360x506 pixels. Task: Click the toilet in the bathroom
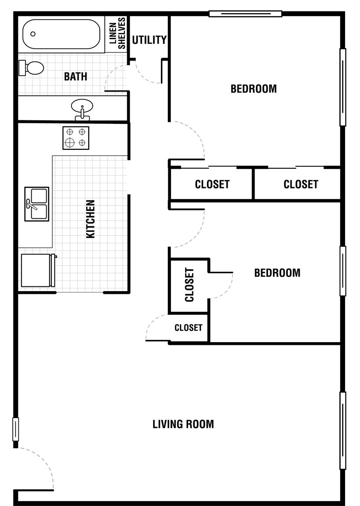[x=31, y=68]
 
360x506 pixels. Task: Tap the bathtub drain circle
[x=33, y=34]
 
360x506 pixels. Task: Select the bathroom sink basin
[x=82, y=106]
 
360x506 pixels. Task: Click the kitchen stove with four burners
[x=76, y=138]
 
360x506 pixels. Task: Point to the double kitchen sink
[x=37, y=204]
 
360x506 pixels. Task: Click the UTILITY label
[x=149, y=40]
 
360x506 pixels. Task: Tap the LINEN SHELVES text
[x=117, y=33]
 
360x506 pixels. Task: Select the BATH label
[x=76, y=76]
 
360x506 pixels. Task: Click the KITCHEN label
[x=91, y=219]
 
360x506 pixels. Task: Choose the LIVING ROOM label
[x=183, y=424]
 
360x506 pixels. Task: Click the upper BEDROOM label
[x=254, y=89]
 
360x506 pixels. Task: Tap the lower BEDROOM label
[x=277, y=273]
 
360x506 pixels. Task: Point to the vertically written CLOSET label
[x=189, y=285]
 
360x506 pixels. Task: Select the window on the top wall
[x=245, y=14]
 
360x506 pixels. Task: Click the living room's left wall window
[x=15, y=429]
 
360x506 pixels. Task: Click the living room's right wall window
[x=343, y=431]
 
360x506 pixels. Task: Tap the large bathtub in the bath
[x=62, y=34]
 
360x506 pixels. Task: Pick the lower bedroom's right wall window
[x=343, y=271]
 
